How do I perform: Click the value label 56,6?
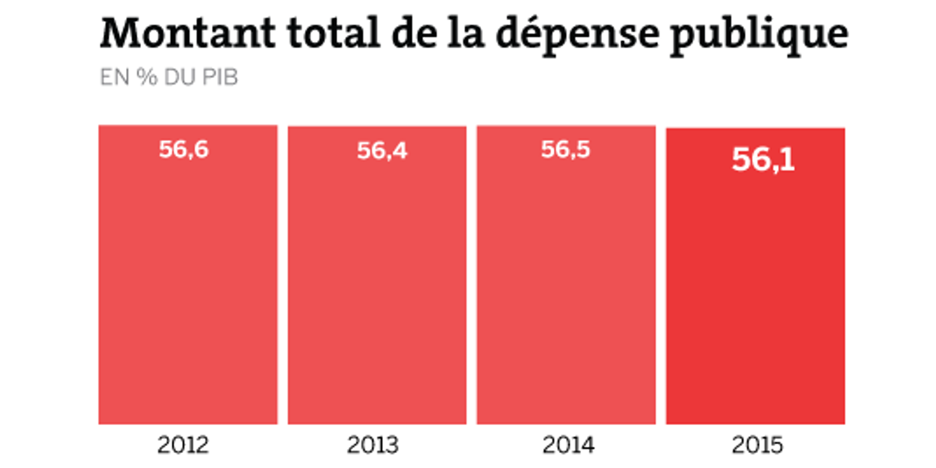[x=184, y=150]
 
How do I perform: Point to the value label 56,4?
[x=382, y=151]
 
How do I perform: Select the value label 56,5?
[x=565, y=150]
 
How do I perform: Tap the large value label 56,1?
[x=763, y=160]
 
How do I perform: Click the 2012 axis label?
[x=183, y=446]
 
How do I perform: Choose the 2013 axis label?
[x=372, y=446]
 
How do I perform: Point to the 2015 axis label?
[x=758, y=446]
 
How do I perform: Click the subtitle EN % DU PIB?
[x=169, y=78]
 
